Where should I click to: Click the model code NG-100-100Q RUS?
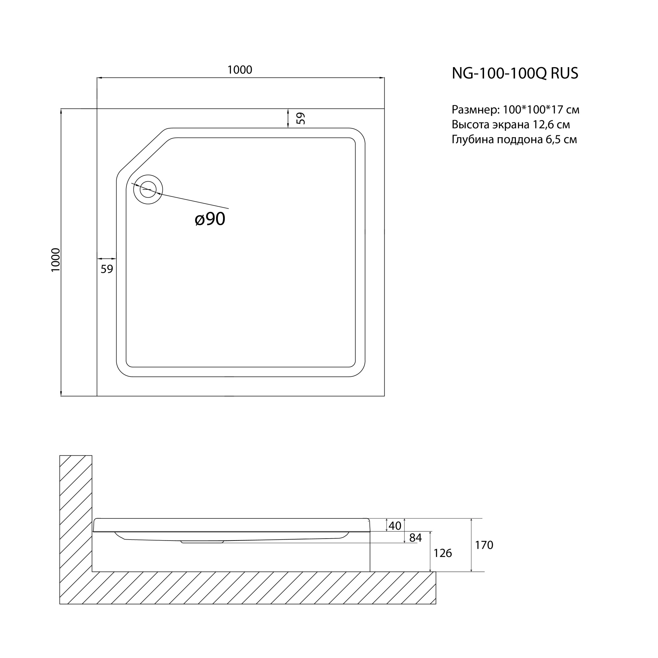tap(515, 73)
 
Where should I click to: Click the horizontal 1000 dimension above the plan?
tap(240, 70)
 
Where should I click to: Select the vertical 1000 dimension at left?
tap(56, 260)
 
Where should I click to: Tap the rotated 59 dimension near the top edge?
tap(300, 118)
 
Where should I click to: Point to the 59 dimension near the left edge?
tap(107, 269)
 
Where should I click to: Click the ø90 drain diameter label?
tap(210, 219)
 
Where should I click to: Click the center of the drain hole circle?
tap(148, 190)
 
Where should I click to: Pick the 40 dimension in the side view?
tap(395, 526)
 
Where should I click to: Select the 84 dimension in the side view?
tap(415, 538)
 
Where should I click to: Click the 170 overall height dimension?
tap(484, 545)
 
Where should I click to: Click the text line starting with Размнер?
tap(515, 110)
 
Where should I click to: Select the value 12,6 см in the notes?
tap(551, 125)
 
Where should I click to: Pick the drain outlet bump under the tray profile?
tap(202, 542)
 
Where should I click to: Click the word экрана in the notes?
tap(510, 125)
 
